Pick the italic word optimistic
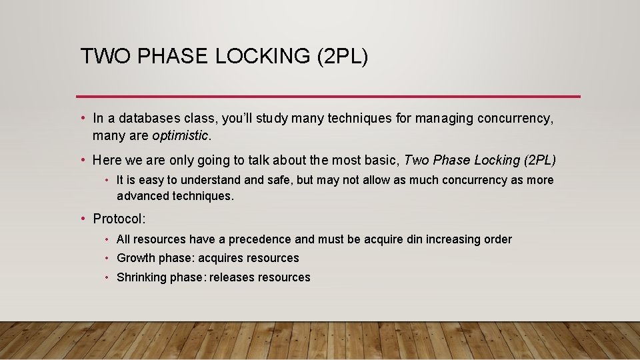coord(180,136)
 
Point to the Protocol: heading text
coord(119,219)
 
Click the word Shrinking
coord(141,277)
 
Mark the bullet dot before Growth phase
coord(107,258)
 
